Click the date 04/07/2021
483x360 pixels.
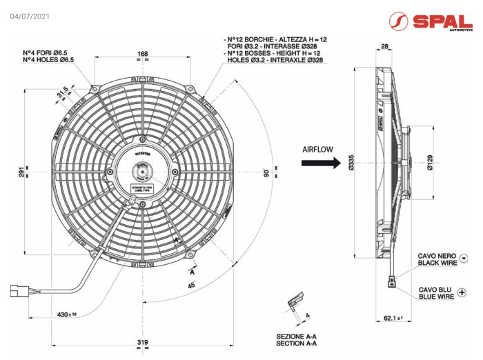[30, 16]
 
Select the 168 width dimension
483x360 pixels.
[143, 53]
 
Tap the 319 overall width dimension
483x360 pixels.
[143, 342]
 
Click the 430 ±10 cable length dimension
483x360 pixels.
[67, 314]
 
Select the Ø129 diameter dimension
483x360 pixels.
[430, 163]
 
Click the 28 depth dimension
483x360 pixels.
[384, 46]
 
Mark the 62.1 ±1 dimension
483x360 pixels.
[393, 318]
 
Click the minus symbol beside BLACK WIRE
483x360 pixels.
[463, 259]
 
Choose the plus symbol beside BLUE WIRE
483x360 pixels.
[462, 293]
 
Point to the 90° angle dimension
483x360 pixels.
[266, 173]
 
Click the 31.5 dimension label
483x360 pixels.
[62, 92]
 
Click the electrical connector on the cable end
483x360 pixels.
[19, 291]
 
